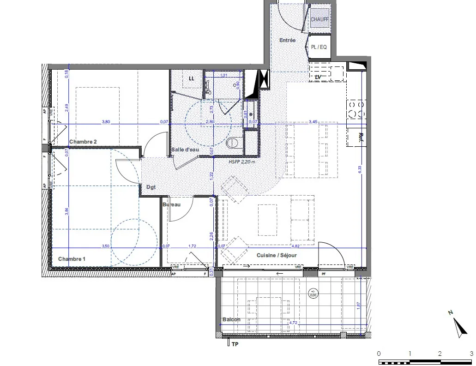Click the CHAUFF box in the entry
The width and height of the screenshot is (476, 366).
coord(319,20)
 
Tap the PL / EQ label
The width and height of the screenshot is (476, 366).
coord(319,47)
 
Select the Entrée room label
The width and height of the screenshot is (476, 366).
coord(287,41)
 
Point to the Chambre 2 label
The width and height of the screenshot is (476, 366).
coord(83,142)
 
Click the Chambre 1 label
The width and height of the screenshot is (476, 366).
coord(72,259)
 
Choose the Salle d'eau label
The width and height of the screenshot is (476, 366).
coord(185,150)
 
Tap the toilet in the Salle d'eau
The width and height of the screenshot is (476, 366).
coord(233,143)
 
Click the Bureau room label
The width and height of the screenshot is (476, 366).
coord(171,204)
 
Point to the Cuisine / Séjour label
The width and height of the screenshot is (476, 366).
coord(277,255)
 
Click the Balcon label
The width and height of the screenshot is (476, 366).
coord(231,319)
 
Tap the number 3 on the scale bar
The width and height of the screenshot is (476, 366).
coord(470,353)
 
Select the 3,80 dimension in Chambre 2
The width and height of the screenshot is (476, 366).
coord(106,122)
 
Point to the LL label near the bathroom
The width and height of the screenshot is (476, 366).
coord(191,78)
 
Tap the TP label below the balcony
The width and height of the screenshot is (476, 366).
coord(235,344)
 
